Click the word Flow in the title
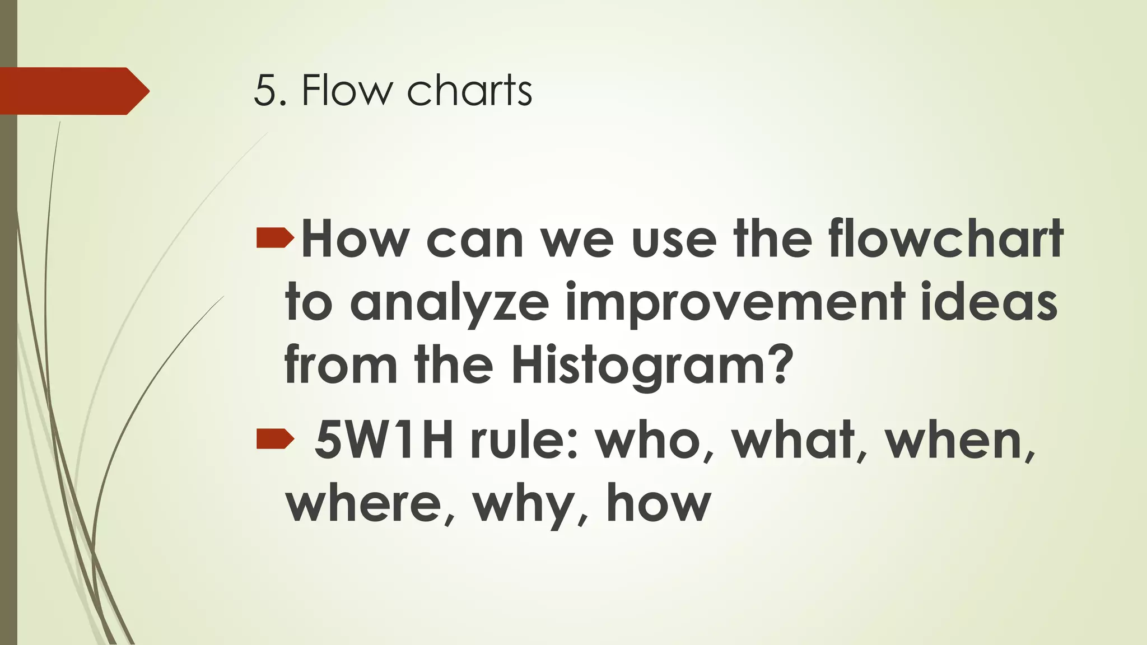[345, 91]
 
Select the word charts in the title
[469, 91]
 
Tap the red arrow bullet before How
[275, 239]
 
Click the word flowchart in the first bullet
[946, 240]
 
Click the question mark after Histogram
[778, 364]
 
